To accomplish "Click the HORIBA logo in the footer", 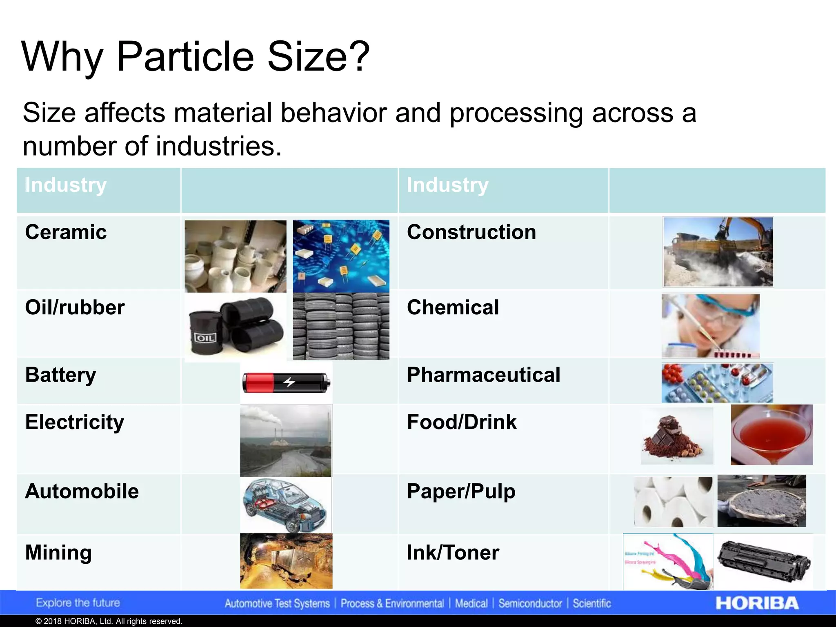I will [x=757, y=603].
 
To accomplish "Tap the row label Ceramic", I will [x=66, y=232].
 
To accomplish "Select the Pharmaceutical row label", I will [x=483, y=375].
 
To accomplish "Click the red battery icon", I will [x=286, y=382].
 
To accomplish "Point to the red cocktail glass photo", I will [x=772, y=435].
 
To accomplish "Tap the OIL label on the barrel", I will [x=205, y=338].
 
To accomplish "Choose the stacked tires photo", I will [x=341, y=327].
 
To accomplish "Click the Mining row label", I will [x=58, y=552].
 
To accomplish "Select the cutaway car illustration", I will [x=286, y=505].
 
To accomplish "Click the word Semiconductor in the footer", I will [x=530, y=603].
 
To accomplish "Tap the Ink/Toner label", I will [x=453, y=552].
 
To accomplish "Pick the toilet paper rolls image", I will [x=673, y=502].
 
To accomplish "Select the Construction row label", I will [x=471, y=232].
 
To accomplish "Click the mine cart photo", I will [x=286, y=561].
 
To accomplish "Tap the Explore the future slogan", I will [x=78, y=603].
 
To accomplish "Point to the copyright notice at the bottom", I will [x=109, y=621].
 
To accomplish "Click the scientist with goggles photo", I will [x=710, y=326].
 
